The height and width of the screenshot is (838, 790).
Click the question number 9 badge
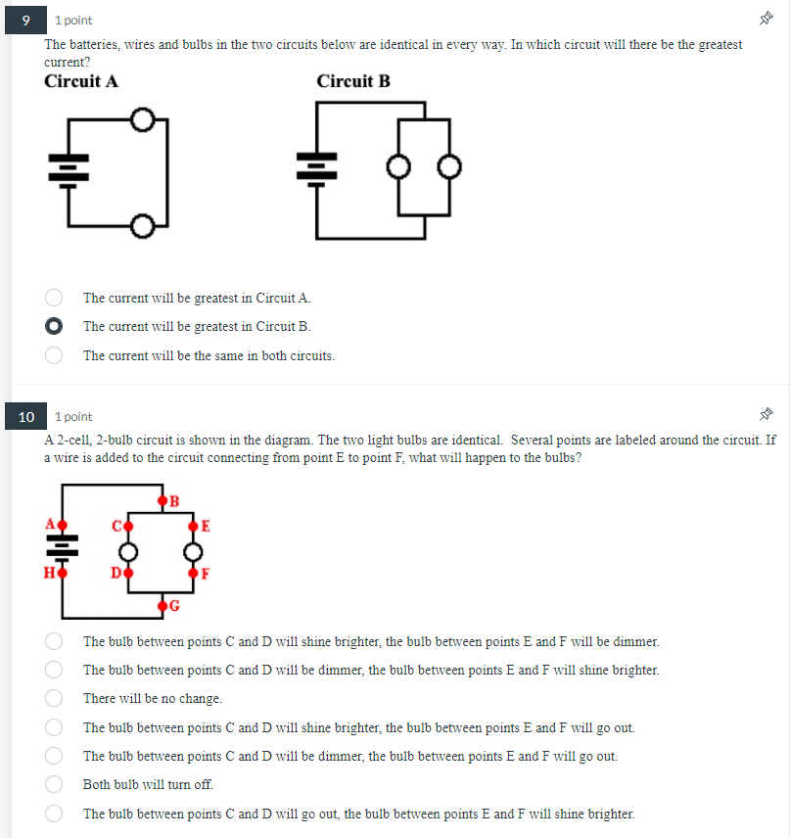coord(26,20)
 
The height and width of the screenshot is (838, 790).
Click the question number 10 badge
coord(26,417)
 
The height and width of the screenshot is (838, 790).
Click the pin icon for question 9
coord(767,20)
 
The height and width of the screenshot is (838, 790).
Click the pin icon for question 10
coord(767,416)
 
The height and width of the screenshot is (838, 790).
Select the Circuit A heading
coord(81,81)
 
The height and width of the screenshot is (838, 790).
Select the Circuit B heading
coord(353,81)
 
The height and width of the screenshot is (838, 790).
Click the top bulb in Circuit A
coord(142,119)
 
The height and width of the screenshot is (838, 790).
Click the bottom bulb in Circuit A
coord(142,227)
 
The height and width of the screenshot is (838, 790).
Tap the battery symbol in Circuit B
coord(316,167)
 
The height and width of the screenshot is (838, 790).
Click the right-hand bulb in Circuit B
coord(448,167)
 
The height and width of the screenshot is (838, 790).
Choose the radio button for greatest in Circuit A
coord(55,298)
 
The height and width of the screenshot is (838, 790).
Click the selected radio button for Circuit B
coord(55,326)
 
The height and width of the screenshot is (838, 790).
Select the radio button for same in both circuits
coord(55,355)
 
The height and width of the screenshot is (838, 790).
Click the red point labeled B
coord(163,503)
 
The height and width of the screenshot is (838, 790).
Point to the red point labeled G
coord(163,604)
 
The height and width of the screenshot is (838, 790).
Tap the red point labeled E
coord(194,527)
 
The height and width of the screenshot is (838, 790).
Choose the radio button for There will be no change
coord(55,699)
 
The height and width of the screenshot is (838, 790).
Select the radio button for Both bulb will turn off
coord(55,784)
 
